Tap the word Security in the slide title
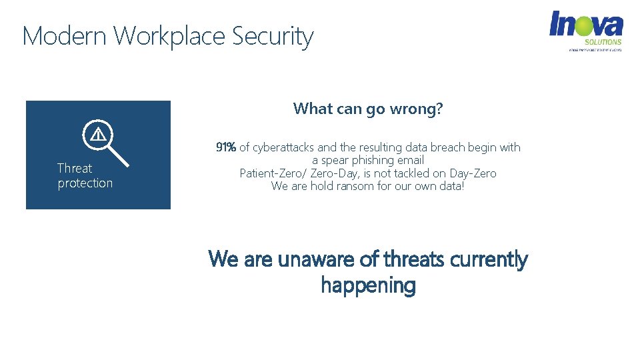click(273, 37)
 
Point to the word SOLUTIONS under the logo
click(603, 42)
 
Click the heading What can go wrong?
click(367, 109)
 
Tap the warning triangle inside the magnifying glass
click(98, 135)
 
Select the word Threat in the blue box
click(74, 168)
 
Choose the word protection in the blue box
click(85, 183)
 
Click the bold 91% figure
click(225, 147)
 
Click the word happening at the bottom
click(368, 285)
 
